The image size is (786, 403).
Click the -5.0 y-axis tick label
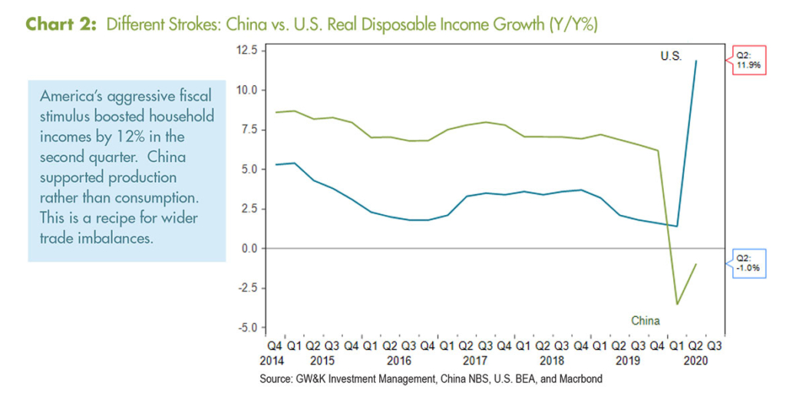[x=247, y=328]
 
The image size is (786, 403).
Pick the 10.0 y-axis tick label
[x=247, y=90]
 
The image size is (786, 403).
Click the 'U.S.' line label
[x=671, y=56]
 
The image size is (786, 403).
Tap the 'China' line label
[x=646, y=320]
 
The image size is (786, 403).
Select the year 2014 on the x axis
[x=274, y=359]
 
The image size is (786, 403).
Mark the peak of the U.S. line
[x=696, y=61]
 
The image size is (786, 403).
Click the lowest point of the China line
[x=677, y=304]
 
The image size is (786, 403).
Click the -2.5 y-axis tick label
[x=247, y=289]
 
